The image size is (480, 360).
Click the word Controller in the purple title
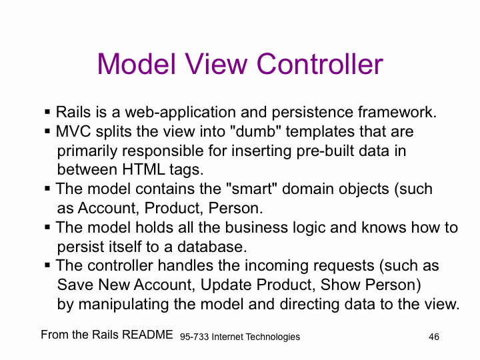320,64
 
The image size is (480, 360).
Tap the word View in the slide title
216,64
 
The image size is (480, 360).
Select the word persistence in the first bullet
312,113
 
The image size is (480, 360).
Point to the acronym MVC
73,131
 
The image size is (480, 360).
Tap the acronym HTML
143,169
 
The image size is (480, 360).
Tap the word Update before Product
226,285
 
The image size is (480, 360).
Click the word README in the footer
147,335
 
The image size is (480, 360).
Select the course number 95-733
194,337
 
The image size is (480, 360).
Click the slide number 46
434,337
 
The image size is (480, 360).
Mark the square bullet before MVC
47,131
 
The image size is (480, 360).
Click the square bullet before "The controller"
47,265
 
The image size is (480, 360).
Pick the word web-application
180,113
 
